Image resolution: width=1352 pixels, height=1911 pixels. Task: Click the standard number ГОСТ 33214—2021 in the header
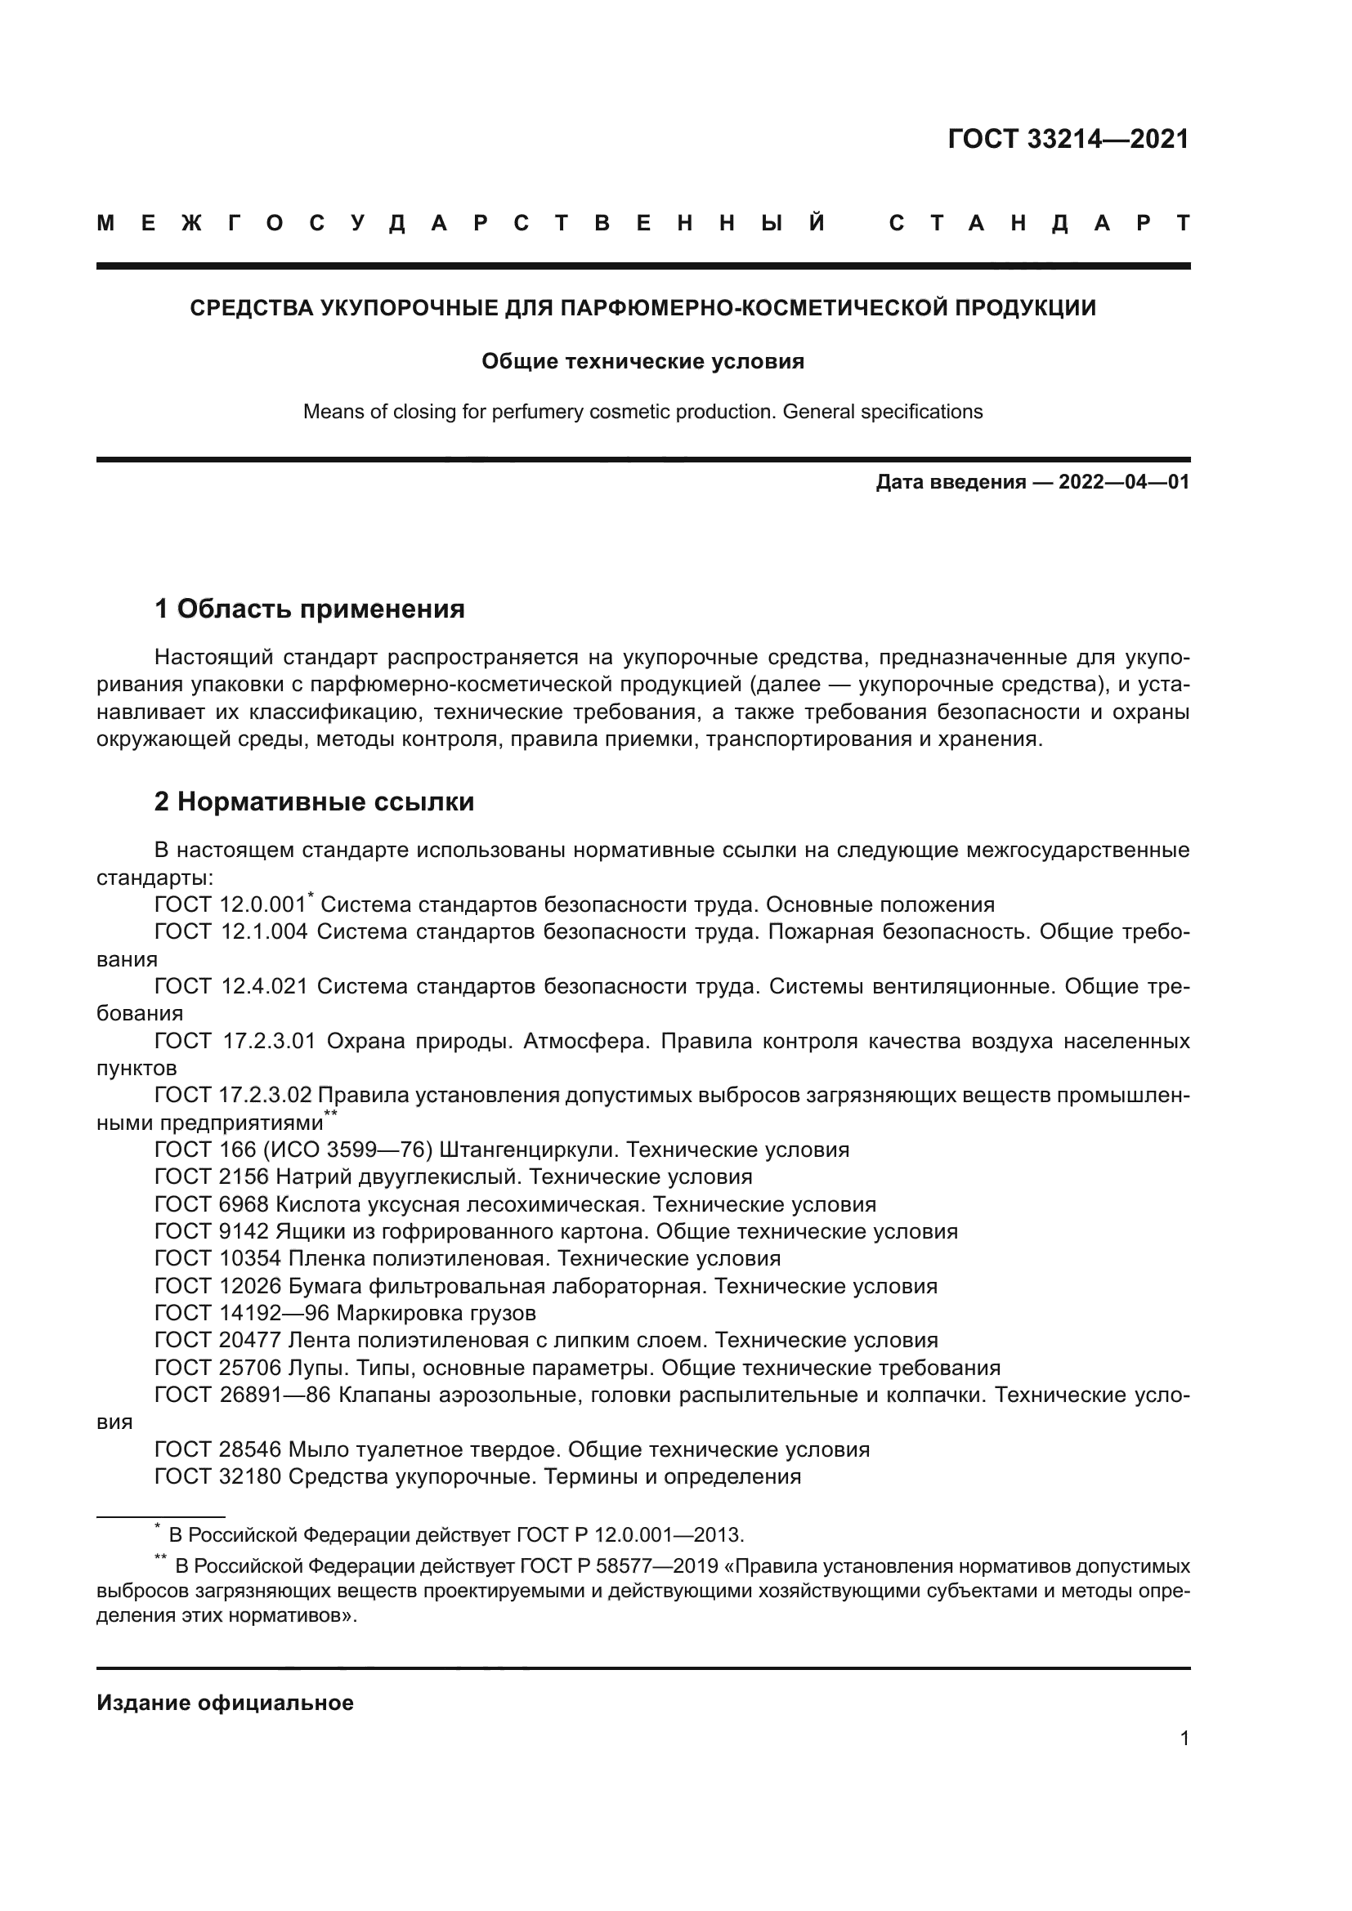point(1068,139)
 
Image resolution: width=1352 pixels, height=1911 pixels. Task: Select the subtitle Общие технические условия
point(642,361)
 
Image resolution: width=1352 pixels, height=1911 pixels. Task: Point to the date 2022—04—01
point(1123,482)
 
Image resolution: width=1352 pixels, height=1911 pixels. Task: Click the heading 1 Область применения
point(310,609)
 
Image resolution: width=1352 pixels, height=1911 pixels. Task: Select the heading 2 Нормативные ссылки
point(315,801)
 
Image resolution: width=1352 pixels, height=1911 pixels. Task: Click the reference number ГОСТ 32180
point(218,1476)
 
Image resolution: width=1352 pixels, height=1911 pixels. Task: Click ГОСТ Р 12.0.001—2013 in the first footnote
point(629,1535)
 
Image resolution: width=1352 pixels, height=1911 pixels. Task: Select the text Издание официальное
point(225,1703)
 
